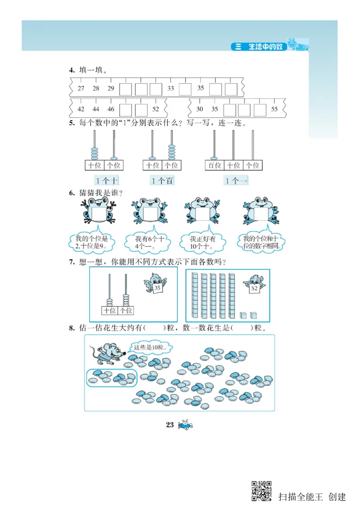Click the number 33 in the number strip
click(x=171, y=89)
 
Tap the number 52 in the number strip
click(x=156, y=109)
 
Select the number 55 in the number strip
click(x=274, y=109)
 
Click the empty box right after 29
click(x=126, y=89)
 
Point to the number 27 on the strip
click(x=81, y=89)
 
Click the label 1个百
click(x=162, y=181)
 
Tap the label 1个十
click(x=107, y=181)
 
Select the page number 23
click(x=170, y=425)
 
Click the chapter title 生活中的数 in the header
click(x=265, y=47)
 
